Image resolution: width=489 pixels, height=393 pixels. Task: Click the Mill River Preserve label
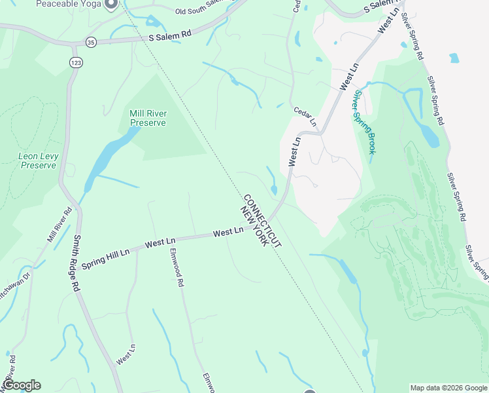(x=148, y=118)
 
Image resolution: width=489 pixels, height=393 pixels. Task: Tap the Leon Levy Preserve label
(x=38, y=161)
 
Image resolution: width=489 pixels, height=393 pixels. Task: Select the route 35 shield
(x=90, y=41)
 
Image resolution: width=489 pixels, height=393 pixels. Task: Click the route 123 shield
(x=75, y=62)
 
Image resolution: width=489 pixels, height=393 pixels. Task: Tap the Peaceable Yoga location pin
(x=110, y=4)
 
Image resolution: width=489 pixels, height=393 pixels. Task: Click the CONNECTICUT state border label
(x=261, y=220)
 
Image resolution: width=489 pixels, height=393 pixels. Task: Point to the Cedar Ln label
(x=304, y=117)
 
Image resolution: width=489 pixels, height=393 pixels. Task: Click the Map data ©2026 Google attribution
(x=448, y=388)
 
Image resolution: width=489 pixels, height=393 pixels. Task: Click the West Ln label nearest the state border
(x=228, y=233)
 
